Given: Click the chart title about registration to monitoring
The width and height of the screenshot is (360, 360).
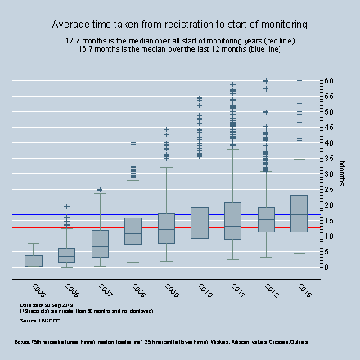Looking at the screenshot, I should click(180, 25).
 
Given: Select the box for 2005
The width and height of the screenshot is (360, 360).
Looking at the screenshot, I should click(34, 261).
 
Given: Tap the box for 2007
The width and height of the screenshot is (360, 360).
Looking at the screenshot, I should click(101, 244).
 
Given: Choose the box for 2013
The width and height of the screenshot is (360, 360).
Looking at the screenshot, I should click(300, 214).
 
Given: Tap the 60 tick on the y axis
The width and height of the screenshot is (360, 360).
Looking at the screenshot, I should click(328, 80).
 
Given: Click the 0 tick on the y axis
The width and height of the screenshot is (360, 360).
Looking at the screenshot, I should click(326, 267).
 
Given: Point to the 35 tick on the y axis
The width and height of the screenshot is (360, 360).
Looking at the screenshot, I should click(328, 158).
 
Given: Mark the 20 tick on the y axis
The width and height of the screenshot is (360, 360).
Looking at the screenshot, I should click(328, 205).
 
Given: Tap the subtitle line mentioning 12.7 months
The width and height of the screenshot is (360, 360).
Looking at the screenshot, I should click(180, 40).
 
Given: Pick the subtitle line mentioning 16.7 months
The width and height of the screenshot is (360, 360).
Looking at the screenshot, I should click(180, 48).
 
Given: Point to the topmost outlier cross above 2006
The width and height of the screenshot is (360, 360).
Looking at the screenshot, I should click(67, 206).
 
